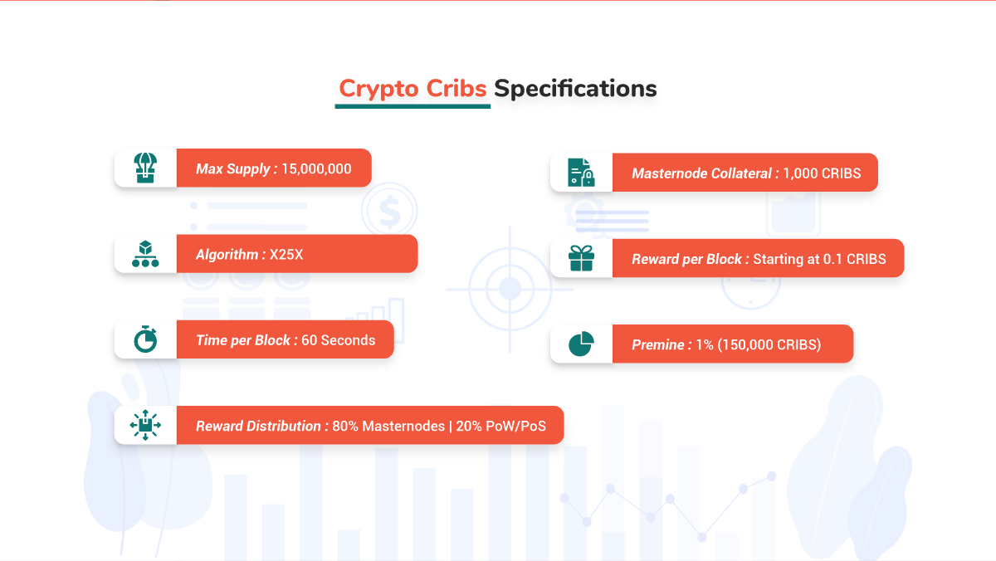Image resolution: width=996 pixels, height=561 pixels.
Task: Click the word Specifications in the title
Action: pyautogui.click(x=575, y=90)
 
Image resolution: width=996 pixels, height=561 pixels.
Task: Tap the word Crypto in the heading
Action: pyautogui.click(x=378, y=90)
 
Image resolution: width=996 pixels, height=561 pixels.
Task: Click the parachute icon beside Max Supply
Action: pyautogui.click(x=145, y=168)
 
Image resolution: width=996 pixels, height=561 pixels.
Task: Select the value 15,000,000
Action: pyautogui.click(x=316, y=169)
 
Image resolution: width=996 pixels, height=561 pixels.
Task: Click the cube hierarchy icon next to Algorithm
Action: pyautogui.click(x=145, y=254)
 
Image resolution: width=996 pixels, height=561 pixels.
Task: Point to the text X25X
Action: pyautogui.click(x=286, y=254)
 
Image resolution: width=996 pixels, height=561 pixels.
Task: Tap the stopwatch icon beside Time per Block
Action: pyautogui.click(x=145, y=339)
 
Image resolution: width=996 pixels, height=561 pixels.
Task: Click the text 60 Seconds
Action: pyautogui.click(x=339, y=340)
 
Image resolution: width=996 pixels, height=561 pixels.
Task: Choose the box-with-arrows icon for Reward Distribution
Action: pyautogui.click(x=145, y=425)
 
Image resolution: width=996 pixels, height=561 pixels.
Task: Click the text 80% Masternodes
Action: pyautogui.click(x=388, y=426)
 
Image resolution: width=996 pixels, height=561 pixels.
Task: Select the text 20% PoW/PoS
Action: pyautogui.click(x=500, y=426)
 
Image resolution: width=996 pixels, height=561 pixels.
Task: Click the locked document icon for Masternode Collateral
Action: pyautogui.click(x=581, y=173)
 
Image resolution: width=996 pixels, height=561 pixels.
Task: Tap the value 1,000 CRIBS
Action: pyautogui.click(x=822, y=173)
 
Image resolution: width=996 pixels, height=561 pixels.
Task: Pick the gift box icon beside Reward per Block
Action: pyautogui.click(x=581, y=258)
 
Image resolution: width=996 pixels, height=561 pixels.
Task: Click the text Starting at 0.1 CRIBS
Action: pyautogui.click(x=819, y=259)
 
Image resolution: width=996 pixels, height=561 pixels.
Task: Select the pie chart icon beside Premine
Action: pyautogui.click(x=580, y=344)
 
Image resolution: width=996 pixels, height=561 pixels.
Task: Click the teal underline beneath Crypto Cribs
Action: pyautogui.click(x=413, y=106)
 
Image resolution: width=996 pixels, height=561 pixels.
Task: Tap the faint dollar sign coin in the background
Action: pyautogui.click(x=389, y=210)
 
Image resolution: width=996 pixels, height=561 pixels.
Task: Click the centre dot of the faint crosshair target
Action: pyautogui.click(x=510, y=289)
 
